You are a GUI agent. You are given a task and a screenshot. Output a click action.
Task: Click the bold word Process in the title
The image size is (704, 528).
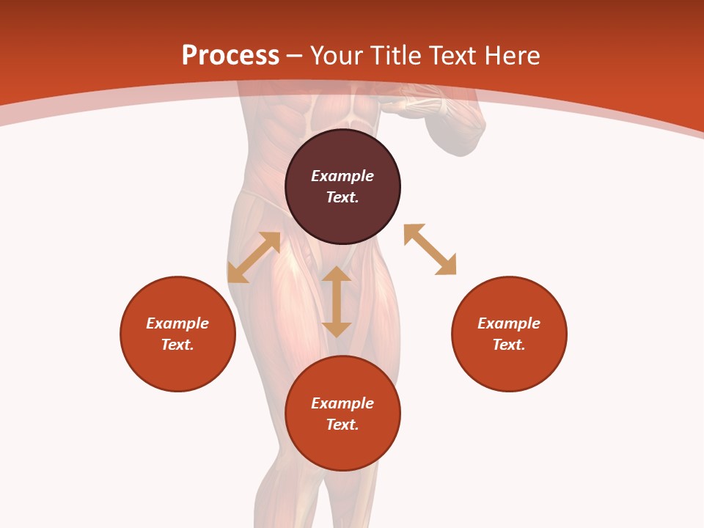230,56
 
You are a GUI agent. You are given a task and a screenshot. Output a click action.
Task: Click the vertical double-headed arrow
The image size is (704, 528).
337,301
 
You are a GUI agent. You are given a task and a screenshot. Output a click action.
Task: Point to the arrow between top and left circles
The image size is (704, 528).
254,257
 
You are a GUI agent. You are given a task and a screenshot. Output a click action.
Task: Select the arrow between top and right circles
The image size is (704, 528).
430,249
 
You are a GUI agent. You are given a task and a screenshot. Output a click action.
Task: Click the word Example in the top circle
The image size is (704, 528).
342,176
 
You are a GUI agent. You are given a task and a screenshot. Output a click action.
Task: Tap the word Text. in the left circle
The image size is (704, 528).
177,345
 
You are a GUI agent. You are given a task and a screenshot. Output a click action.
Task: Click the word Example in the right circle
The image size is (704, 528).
509,323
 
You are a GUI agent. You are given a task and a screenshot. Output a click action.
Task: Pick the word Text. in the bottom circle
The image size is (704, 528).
342,425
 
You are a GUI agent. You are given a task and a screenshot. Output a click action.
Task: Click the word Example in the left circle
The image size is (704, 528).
177,323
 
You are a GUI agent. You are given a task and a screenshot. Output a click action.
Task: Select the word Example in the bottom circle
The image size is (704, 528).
342,403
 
